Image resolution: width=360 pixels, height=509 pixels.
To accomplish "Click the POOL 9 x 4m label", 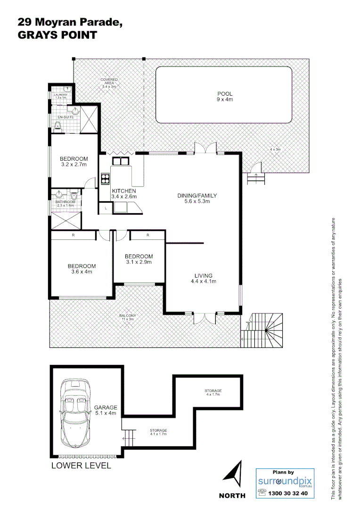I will (x=224, y=96).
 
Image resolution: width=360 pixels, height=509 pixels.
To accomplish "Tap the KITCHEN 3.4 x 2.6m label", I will (x=123, y=194).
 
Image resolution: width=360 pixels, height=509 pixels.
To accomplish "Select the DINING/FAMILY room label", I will (x=196, y=198).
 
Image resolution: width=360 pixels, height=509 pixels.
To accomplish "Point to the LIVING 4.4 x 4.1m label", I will (x=204, y=279).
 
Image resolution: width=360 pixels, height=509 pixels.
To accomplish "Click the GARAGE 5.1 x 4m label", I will (x=106, y=410).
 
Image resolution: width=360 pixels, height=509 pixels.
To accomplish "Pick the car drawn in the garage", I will (x=74, y=415).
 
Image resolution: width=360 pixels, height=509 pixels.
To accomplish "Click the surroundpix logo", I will (x=285, y=481).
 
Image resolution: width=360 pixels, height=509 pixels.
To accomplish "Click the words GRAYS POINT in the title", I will (x=57, y=35).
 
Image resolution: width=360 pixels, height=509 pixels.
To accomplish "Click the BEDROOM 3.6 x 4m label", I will (x=81, y=269).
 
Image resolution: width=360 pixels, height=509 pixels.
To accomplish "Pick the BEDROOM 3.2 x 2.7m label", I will (x=74, y=161).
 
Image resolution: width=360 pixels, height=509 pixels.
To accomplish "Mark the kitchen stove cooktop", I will (x=105, y=179).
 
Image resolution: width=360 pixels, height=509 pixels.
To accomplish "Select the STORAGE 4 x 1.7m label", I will (x=213, y=393).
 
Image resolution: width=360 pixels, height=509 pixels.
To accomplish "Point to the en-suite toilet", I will (x=57, y=125).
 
